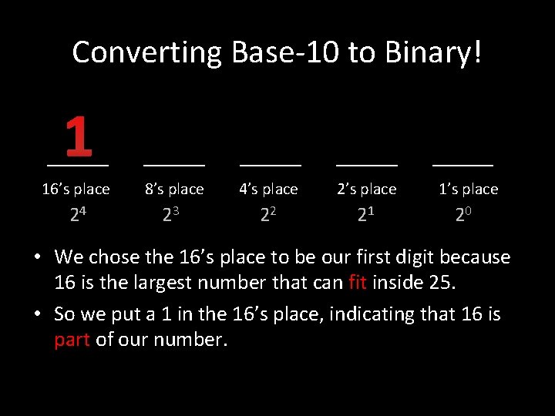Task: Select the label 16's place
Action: (76, 189)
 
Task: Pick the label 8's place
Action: (174, 189)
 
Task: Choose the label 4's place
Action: (268, 189)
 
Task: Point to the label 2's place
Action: (367, 189)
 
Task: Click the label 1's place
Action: (468, 189)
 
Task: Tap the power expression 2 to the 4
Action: (77, 216)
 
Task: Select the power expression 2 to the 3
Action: (171, 216)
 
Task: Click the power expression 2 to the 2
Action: (268, 216)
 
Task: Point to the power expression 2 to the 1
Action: (366, 216)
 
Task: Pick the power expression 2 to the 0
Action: (463, 216)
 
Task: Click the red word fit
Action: (357, 283)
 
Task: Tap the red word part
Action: (72, 340)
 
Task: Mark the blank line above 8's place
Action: (174, 165)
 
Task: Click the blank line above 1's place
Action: (462, 165)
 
